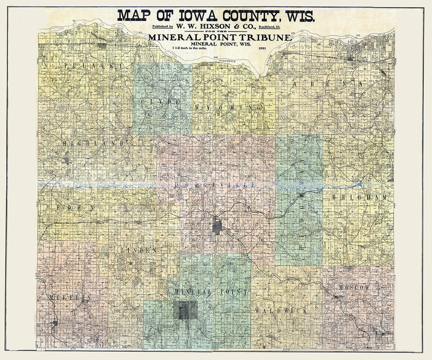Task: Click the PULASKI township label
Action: point(88,65)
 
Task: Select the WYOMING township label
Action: point(228,108)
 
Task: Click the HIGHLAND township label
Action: point(93,143)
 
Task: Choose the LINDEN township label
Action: point(139,250)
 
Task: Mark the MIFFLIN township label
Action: point(70,297)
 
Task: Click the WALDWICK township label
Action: point(280,310)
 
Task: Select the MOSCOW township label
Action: point(354,288)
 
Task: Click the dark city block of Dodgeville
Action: point(217,227)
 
